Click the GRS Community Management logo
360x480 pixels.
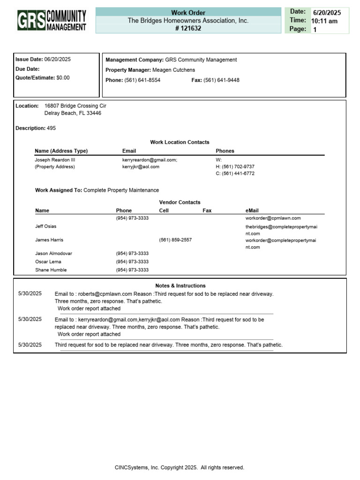click(x=52, y=21)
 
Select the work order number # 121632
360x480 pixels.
click(x=188, y=29)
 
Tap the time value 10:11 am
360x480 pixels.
click(x=324, y=21)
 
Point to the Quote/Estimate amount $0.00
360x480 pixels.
click(x=63, y=78)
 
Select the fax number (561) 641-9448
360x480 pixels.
click(x=221, y=80)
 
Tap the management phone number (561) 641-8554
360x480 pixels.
click(x=142, y=80)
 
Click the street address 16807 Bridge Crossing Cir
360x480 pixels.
click(x=75, y=106)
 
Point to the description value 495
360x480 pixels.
click(x=51, y=128)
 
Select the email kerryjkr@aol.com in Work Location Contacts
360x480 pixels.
click(x=141, y=167)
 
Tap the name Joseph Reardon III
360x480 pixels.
click(x=55, y=160)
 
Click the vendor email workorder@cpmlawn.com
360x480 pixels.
click(x=273, y=218)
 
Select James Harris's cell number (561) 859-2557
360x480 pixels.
click(x=175, y=240)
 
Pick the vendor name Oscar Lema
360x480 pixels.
click(x=48, y=262)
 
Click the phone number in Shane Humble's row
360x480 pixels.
click(x=132, y=270)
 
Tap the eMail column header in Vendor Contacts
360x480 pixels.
click(x=252, y=210)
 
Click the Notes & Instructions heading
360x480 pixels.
click(x=180, y=285)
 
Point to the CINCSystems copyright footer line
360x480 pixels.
click(x=180, y=467)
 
